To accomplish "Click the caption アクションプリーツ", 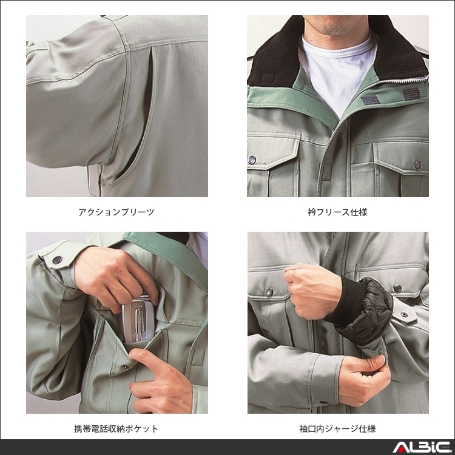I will [116, 212].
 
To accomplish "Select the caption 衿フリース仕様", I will [337, 212].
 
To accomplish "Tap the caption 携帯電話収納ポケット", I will [116, 429].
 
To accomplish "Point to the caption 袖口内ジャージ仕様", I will [337, 429].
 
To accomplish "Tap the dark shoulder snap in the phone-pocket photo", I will [58, 260].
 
